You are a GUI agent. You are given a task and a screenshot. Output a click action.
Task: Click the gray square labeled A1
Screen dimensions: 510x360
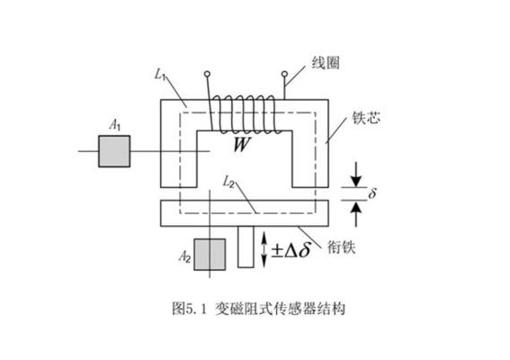(x=114, y=151)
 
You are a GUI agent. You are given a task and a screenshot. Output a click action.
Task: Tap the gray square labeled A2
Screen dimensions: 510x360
(x=210, y=255)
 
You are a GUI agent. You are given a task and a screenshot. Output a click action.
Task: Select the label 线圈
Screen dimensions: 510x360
(x=326, y=63)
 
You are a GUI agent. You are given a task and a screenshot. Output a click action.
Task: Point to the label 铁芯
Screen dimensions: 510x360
(x=366, y=118)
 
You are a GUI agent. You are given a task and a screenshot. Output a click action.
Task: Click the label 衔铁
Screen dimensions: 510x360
(x=341, y=247)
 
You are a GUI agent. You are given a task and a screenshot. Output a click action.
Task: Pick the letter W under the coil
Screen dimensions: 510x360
(x=242, y=144)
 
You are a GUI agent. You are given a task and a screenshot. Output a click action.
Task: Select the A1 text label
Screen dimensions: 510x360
(x=115, y=125)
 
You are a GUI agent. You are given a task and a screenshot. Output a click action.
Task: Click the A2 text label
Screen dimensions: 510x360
(x=184, y=257)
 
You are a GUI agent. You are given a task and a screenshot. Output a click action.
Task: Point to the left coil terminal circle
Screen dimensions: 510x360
(x=207, y=74)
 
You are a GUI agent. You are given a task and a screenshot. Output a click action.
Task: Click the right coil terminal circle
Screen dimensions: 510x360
(x=284, y=74)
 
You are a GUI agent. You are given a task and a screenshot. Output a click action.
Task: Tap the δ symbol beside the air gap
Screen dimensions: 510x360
(x=372, y=193)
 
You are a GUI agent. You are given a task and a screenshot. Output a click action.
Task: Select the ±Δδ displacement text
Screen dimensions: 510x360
(x=291, y=250)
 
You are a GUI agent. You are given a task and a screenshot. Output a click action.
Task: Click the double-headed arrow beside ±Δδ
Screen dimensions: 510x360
(x=264, y=249)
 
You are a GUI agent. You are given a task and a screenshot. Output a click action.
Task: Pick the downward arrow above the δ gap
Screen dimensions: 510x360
(x=356, y=174)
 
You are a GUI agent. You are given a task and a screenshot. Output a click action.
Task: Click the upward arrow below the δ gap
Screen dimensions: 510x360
(x=356, y=214)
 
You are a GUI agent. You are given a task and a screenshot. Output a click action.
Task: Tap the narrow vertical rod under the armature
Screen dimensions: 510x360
(x=246, y=247)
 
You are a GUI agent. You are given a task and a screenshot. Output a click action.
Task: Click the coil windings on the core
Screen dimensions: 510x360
(x=246, y=114)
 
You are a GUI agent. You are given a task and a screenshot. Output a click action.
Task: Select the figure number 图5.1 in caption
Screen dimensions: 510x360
(x=189, y=308)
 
